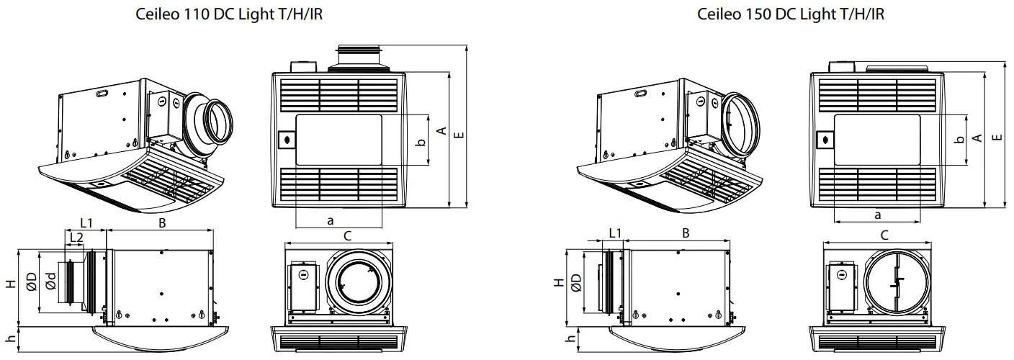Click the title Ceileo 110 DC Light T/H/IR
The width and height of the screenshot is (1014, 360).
pos(229,14)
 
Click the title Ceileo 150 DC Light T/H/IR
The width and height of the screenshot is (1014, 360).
pos(790,14)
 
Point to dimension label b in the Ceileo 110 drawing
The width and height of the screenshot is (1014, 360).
pos(421,141)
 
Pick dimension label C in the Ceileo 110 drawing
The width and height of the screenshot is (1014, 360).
pos(346,235)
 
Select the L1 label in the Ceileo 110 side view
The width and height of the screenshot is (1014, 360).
pos(87,223)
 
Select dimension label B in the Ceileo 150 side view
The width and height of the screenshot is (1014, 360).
pos(686,233)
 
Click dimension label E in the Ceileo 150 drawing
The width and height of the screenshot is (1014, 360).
pos(996,138)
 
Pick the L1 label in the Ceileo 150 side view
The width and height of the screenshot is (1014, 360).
pos(614,233)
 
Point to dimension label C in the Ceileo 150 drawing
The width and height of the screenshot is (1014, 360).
pos(884,235)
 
